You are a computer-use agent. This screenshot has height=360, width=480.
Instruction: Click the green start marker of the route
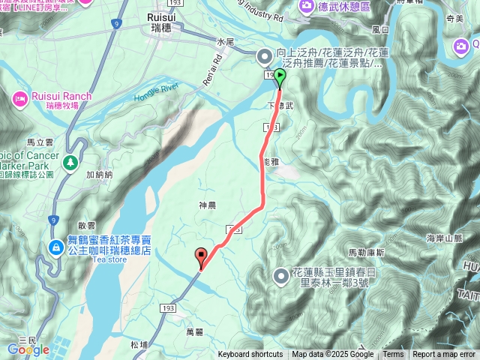[x=280, y=76]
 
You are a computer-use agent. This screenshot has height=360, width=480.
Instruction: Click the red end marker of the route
[x=201, y=257]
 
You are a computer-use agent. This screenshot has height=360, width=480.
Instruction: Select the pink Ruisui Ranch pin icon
[x=19, y=97]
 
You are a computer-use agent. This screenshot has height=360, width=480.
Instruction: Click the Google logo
[x=28, y=349]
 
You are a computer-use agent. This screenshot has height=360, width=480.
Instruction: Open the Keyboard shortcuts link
[x=250, y=355]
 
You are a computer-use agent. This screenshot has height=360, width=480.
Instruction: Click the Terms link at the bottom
[x=393, y=355]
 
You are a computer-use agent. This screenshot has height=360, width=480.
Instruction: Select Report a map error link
[x=444, y=355]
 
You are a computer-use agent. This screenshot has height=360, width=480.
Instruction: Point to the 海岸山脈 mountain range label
[x=442, y=238]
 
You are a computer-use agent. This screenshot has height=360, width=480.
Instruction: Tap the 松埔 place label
[x=138, y=345]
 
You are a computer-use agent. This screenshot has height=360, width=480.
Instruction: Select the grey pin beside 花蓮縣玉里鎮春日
[x=281, y=276]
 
